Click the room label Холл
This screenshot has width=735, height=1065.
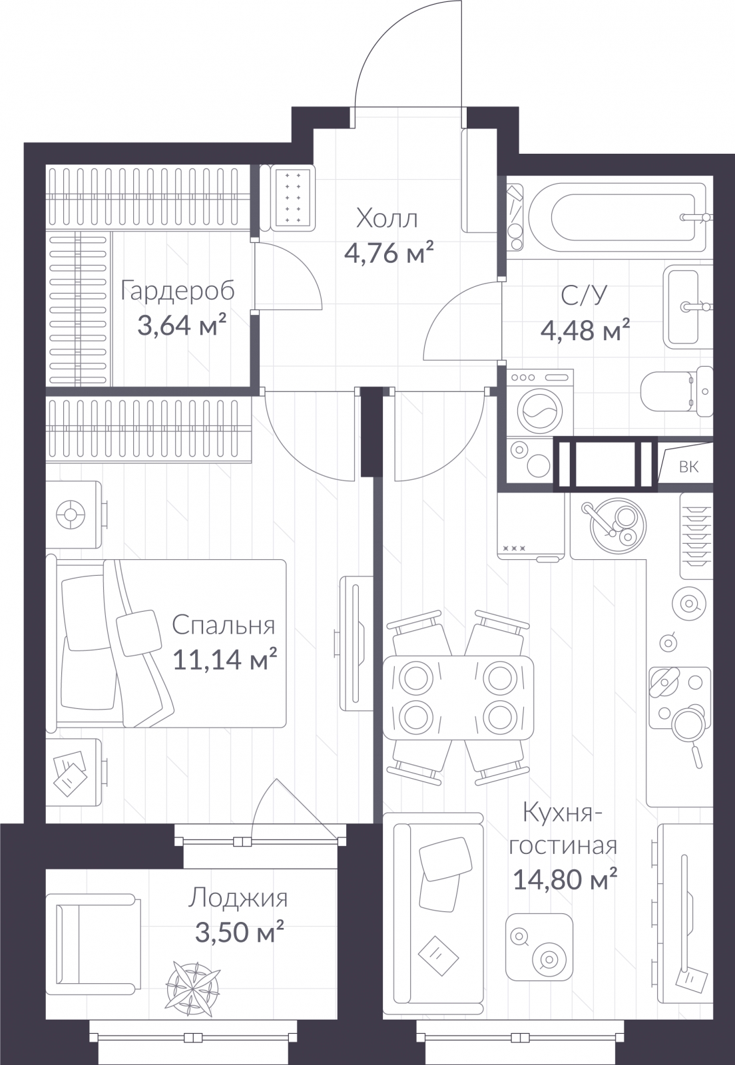pyautogui.click(x=387, y=220)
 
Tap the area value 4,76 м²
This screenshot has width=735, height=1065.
pyautogui.click(x=389, y=254)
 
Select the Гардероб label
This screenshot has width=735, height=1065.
pyautogui.click(x=178, y=292)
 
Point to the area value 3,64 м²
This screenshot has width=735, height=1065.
pyautogui.click(x=181, y=325)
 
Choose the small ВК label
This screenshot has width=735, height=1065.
pyautogui.click(x=689, y=467)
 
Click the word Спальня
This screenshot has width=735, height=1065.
pyautogui.click(x=224, y=626)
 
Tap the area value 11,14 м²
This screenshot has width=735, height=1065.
pyautogui.click(x=225, y=660)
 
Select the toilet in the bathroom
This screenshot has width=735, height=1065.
pyautogui.click(x=677, y=391)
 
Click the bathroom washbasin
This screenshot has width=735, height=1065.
pyautogui.click(x=688, y=307)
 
